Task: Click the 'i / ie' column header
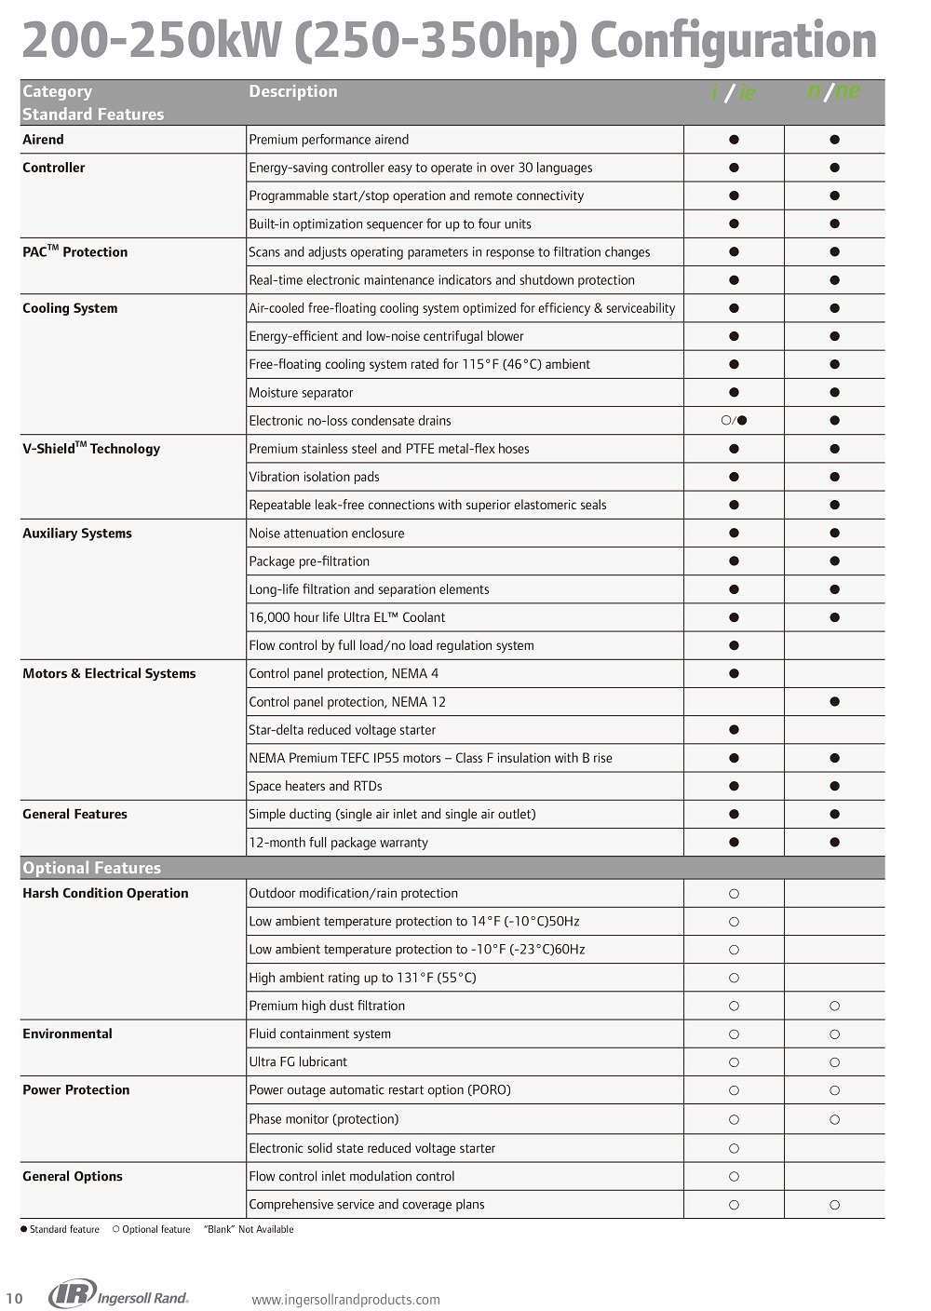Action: point(734,92)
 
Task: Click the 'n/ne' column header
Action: point(834,91)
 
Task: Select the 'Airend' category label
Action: point(43,140)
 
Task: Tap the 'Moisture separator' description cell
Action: point(301,393)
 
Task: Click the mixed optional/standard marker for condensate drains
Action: point(734,421)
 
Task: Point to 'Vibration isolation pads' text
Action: point(314,477)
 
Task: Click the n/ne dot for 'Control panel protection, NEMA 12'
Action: point(834,702)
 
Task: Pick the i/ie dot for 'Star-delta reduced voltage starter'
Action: point(734,730)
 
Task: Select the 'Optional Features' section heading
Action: point(91,868)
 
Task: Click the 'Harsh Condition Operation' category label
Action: point(105,893)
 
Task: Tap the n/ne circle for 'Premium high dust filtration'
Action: point(834,1006)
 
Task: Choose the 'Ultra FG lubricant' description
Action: point(298,1061)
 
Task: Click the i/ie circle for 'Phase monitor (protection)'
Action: point(734,1119)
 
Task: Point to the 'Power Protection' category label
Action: point(76,1090)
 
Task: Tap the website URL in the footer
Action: point(345,1300)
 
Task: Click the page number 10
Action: point(14,1299)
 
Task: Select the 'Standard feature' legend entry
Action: point(60,1229)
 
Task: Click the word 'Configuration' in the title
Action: point(734,41)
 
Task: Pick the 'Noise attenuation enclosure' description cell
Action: point(327,534)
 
